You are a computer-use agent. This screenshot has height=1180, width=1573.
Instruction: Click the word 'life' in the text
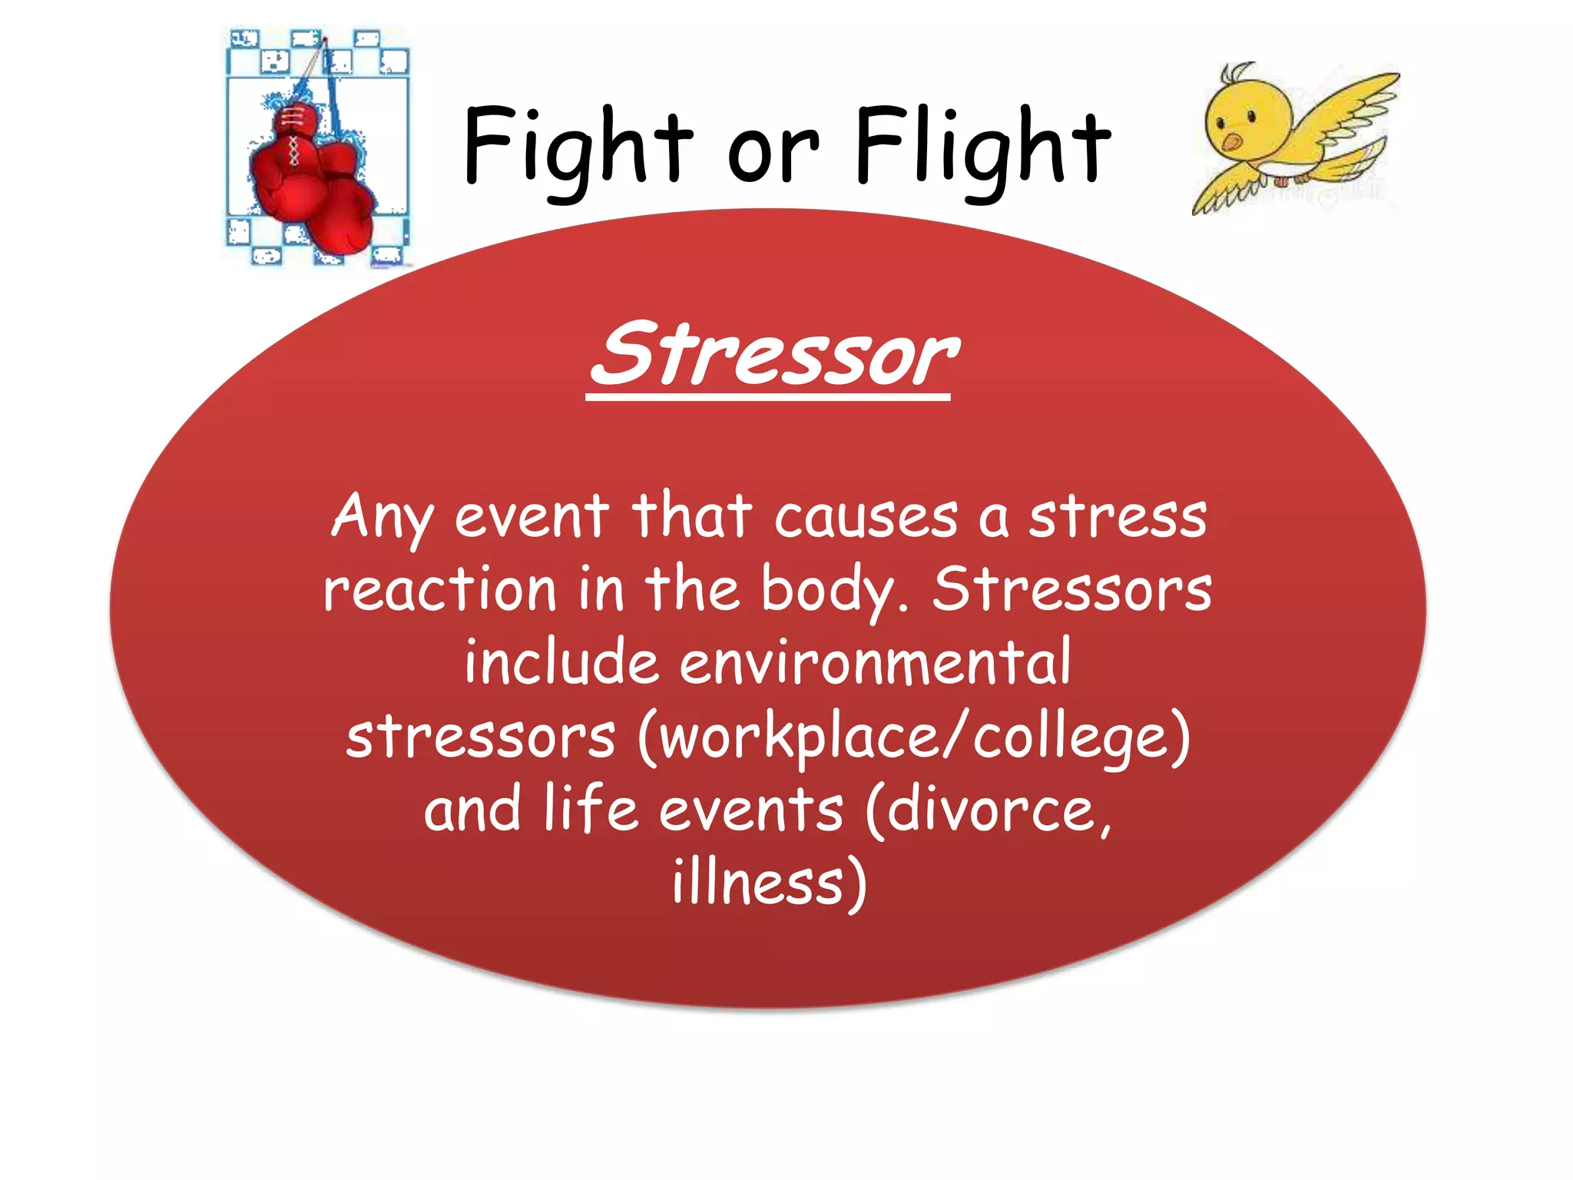591,809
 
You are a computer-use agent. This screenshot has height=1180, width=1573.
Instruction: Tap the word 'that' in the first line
691,516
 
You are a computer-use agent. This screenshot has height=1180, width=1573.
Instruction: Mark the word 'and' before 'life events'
472,810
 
